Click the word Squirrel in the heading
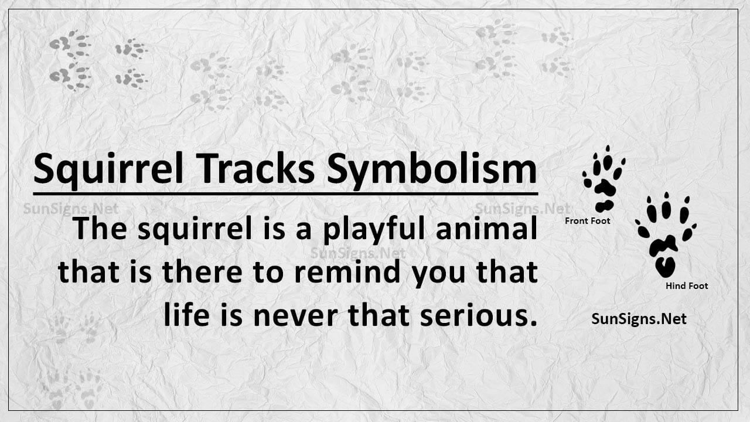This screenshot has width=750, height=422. (x=108, y=169)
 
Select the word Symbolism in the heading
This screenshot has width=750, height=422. (x=432, y=170)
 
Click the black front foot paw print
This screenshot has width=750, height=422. (x=604, y=179)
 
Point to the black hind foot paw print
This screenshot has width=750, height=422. (x=666, y=235)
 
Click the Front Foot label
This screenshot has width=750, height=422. (x=587, y=221)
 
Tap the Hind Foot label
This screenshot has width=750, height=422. (x=687, y=286)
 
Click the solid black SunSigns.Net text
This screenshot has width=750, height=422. (x=639, y=318)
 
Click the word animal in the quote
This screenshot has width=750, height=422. (x=487, y=228)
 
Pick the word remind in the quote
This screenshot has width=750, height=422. (x=347, y=271)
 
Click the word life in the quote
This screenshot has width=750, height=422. (x=186, y=315)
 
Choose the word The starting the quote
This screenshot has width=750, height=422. (x=100, y=228)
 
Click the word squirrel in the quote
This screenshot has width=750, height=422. (x=195, y=229)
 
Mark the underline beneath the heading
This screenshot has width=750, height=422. (x=285, y=193)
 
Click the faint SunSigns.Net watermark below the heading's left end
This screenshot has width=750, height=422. (x=71, y=209)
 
